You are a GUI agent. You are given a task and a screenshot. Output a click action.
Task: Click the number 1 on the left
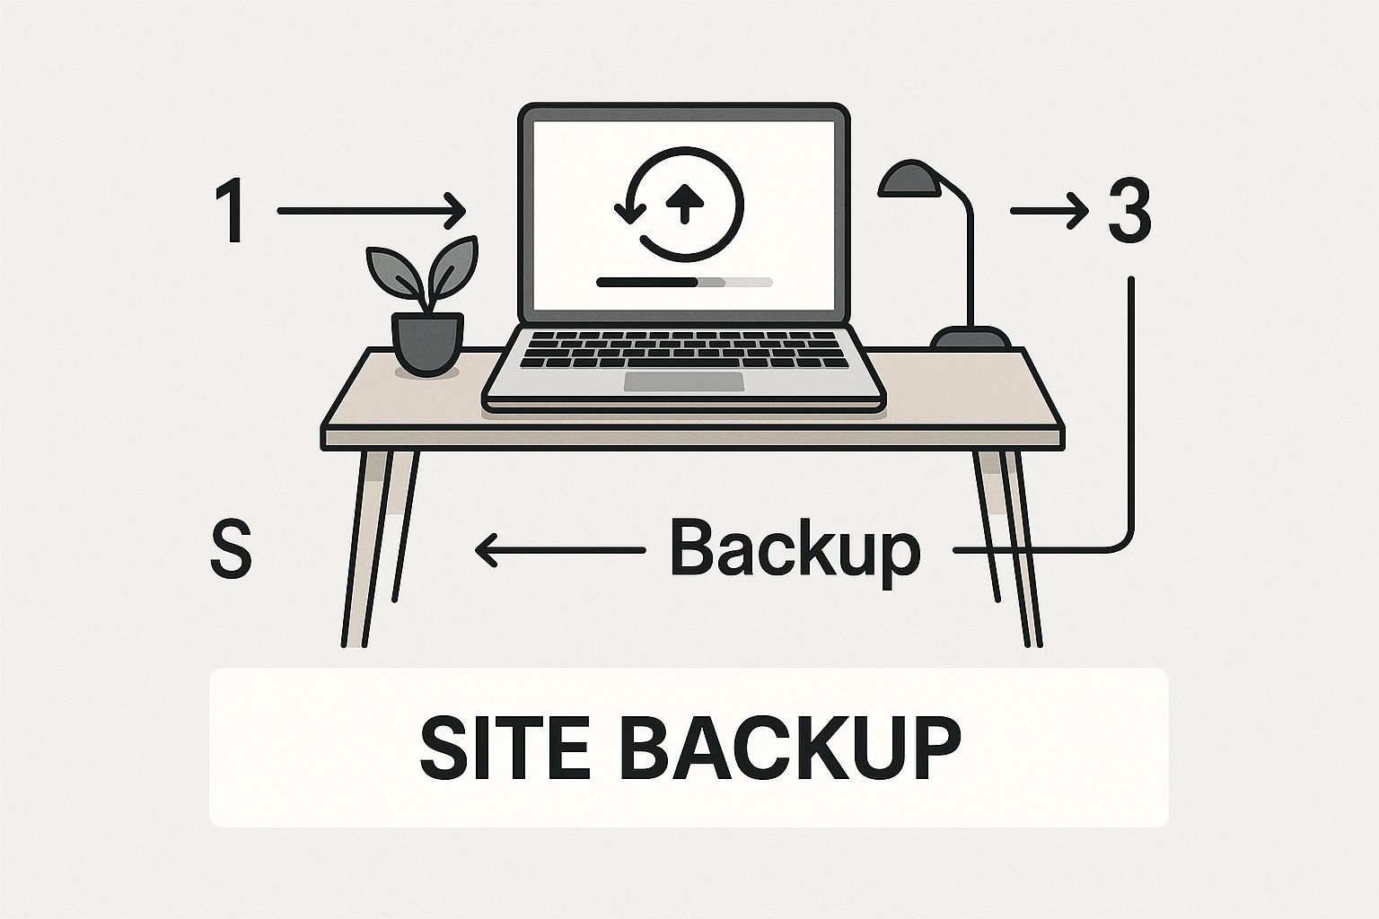tap(229, 211)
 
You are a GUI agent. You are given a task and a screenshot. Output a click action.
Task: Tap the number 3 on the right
tap(1129, 211)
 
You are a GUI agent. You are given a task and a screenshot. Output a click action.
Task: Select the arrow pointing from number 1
tap(371, 211)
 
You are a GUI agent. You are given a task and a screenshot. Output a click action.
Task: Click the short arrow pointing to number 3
tap(1050, 211)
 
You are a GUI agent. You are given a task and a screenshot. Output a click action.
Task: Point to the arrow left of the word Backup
tap(559, 550)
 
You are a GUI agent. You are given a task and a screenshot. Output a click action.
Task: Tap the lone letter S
tap(231, 548)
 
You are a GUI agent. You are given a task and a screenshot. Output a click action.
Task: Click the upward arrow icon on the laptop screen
tap(685, 202)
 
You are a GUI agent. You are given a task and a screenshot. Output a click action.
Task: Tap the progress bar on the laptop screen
tap(685, 282)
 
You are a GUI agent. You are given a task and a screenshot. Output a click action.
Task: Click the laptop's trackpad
tap(684, 381)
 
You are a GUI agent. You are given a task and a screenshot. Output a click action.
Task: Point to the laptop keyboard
tap(684, 349)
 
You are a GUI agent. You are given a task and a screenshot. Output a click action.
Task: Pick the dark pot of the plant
tap(427, 344)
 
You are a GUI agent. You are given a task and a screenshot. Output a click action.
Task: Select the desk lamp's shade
tap(909, 179)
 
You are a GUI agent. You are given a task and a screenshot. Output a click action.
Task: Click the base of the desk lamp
tap(971, 338)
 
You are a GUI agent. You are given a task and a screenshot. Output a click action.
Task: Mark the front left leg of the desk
tap(367, 547)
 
